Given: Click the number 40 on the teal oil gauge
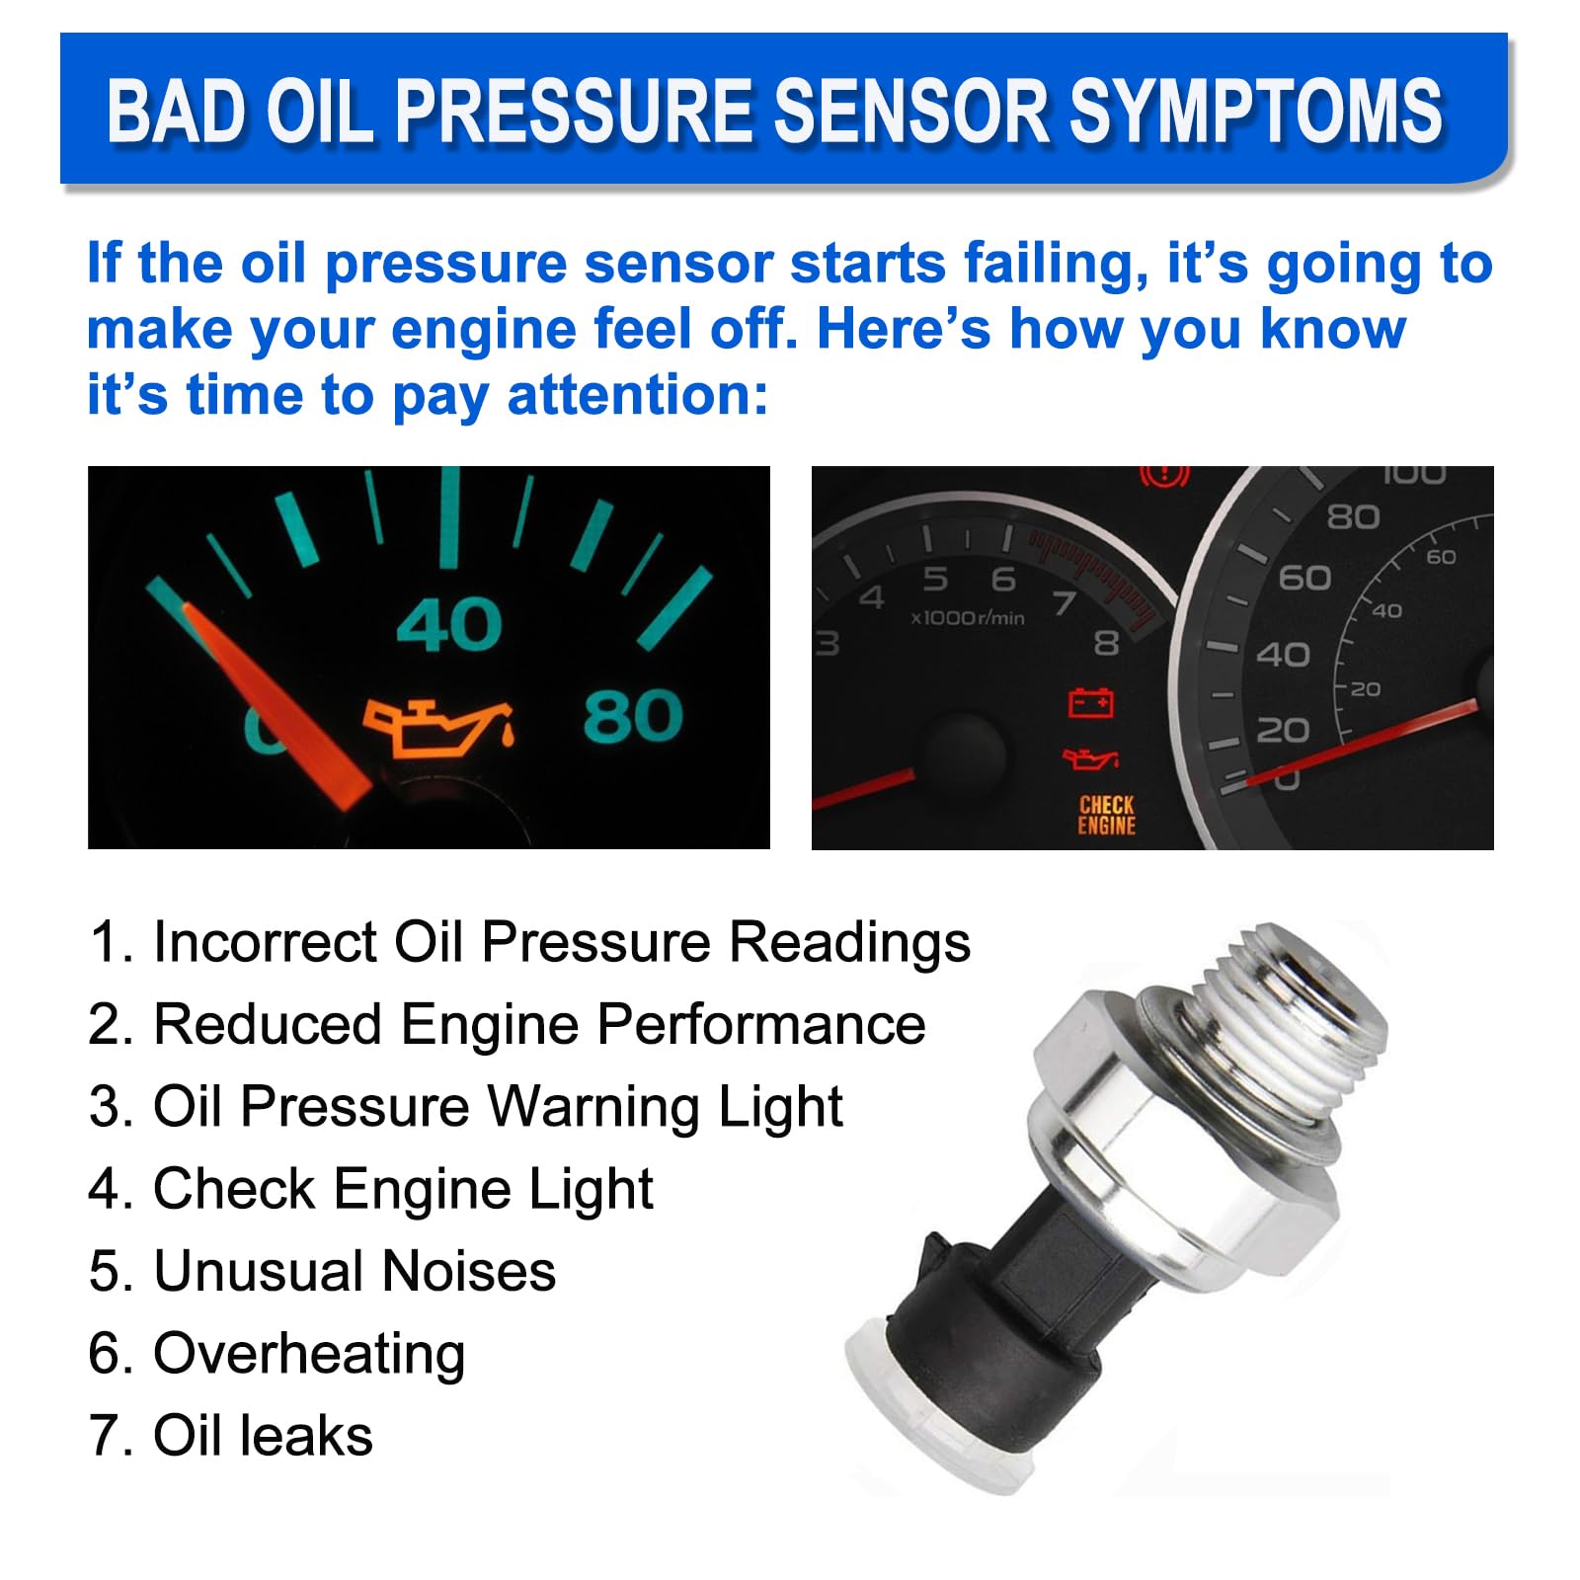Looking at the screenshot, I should click(x=449, y=625).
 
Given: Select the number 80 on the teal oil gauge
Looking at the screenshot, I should click(x=632, y=716).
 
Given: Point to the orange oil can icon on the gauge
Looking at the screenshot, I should click(x=437, y=726).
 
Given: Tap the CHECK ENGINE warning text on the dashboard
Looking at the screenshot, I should click(x=1106, y=816).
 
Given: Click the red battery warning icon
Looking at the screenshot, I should click(x=1091, y=703).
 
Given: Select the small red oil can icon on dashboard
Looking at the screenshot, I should click(x=1089, y=759).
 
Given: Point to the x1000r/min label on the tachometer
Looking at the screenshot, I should click(x=967, y=618).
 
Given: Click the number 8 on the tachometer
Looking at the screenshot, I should click(x=1106, y=644).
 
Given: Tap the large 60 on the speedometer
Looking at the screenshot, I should click(x=1304, y=578).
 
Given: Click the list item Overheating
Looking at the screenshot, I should click(x=308, y=1353).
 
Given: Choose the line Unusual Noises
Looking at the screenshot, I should click(x=354, y=1271).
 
